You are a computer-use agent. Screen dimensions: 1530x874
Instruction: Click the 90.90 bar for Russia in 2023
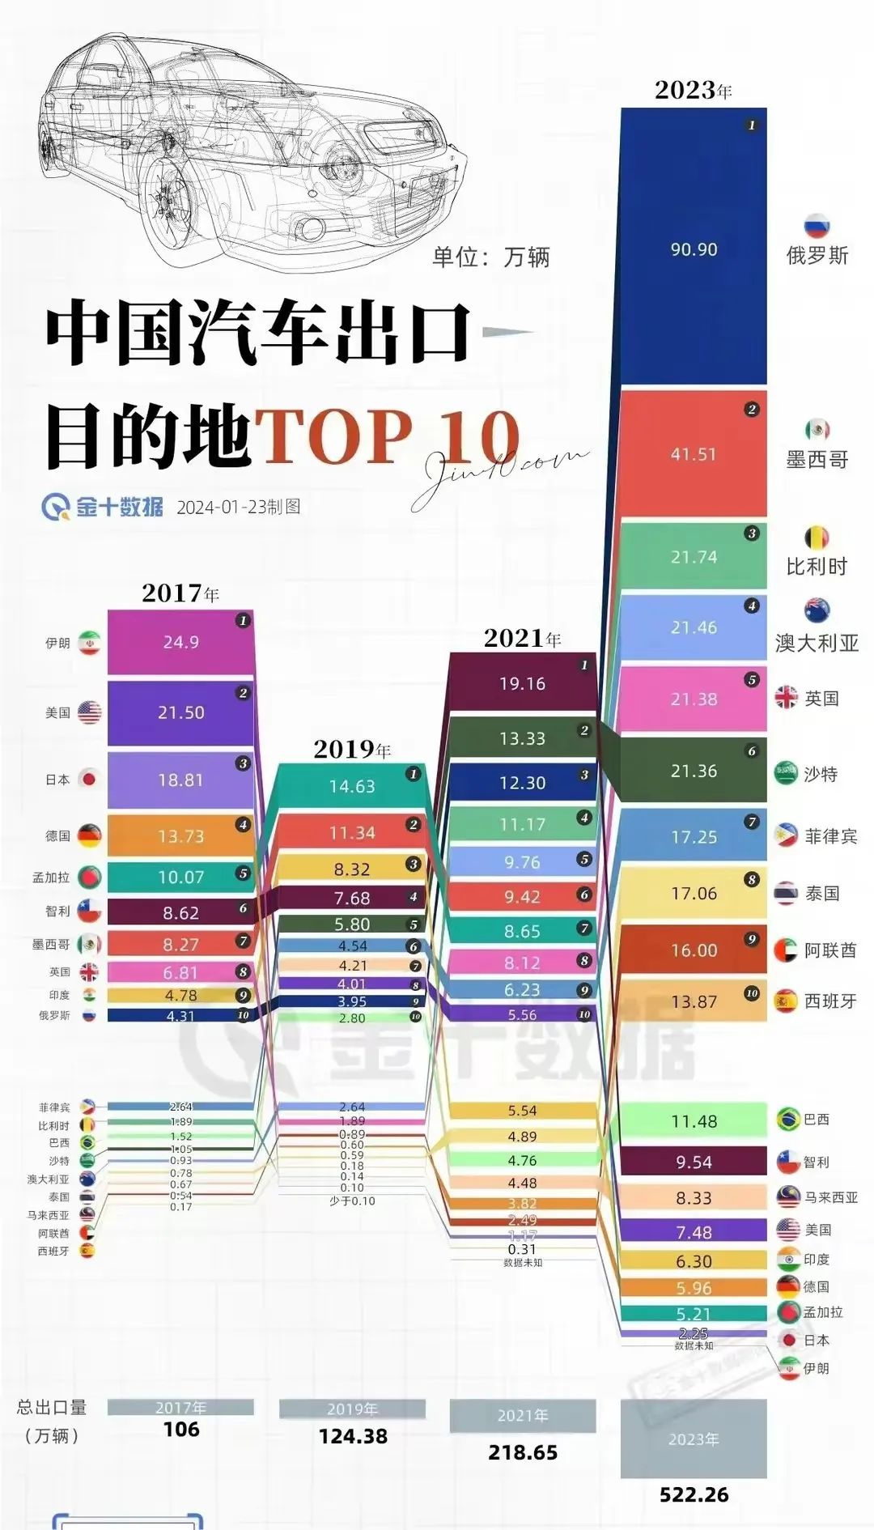pos(694,249)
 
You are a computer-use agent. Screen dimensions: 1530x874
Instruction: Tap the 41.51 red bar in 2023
pos(694,454)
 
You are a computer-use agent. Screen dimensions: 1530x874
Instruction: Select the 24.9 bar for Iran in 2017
pos(180,642)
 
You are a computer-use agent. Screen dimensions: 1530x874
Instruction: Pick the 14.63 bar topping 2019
pos(351,786)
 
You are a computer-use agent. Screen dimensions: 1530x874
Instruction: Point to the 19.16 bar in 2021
pos(522,683)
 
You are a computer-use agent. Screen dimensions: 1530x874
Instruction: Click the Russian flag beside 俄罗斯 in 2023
pos(817,227)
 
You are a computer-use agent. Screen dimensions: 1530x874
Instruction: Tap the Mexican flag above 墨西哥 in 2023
pos(817,430)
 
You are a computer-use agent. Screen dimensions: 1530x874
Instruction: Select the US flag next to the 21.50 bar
pos(89,712)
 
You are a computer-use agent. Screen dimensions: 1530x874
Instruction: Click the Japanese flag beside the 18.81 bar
pos(89,780)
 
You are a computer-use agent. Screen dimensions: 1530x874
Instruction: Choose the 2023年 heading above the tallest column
pos(693,90)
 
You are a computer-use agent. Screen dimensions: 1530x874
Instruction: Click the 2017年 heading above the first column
pos(180,593)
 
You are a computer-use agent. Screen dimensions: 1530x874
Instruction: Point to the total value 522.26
pos(694,1494)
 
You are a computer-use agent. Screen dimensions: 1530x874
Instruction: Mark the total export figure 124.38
pos(353,1436)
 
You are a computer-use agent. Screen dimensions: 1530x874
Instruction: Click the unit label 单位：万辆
pos(490,257)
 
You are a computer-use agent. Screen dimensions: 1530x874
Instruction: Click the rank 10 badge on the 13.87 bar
pos(752,992)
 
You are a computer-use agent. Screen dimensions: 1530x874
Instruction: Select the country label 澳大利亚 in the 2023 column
pos(817,643)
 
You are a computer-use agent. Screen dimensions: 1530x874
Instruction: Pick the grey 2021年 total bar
pos(522,1415)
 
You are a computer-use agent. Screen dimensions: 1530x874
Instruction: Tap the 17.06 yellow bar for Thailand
pos(694,893)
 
